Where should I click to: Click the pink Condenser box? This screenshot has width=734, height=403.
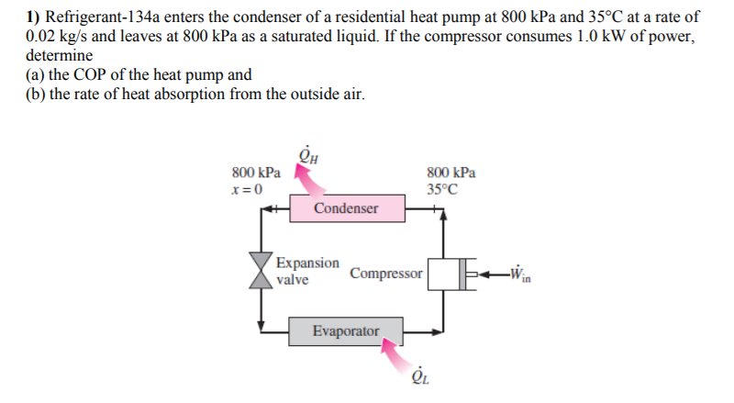coord(346,208)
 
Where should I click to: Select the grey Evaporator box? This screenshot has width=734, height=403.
coord(345,330)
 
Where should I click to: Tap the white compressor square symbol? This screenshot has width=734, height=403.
coord(443,273)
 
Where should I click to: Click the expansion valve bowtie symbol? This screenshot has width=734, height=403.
coord(262,270)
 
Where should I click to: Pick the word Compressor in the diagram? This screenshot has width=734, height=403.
coord(386,274)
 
